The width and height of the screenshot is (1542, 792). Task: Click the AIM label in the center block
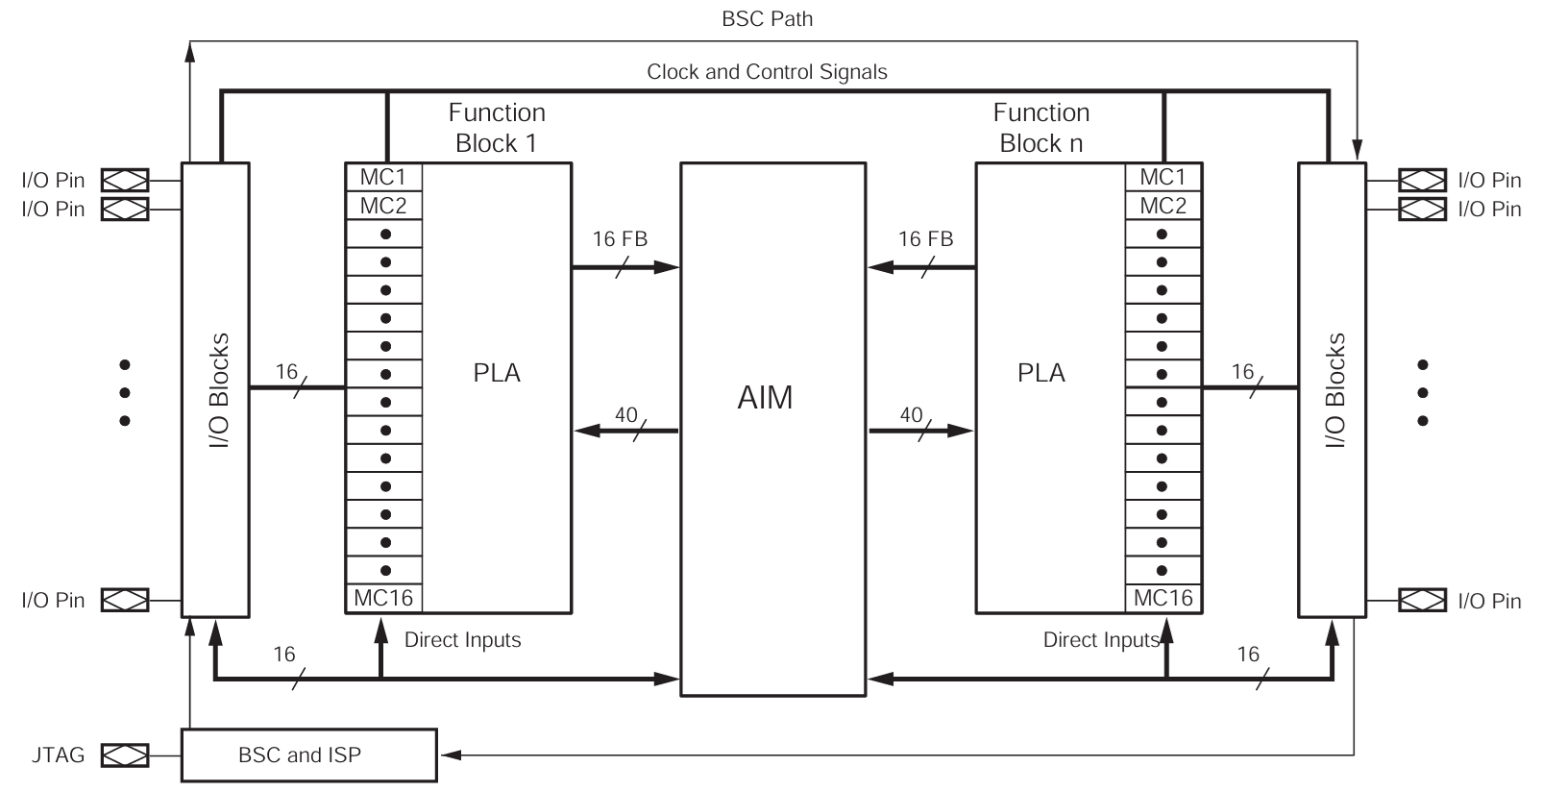[765, 397]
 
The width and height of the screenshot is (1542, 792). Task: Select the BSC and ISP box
[308, 755]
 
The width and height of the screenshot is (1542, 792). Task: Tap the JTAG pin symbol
[125, 755]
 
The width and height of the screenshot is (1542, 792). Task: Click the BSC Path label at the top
[767, 19]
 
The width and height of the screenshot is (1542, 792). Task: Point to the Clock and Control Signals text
[767, 72]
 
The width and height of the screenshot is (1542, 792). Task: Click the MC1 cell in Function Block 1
[383, 177]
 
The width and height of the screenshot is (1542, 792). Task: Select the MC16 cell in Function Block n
[1163, 598]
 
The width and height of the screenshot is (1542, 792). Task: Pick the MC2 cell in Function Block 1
[383, 206]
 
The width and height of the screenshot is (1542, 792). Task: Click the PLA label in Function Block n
[1040, 373]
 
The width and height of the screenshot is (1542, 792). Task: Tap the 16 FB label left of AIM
[620, 239]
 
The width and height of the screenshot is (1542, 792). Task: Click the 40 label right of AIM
[911, 415]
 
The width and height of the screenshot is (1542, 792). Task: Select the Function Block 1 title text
[497, 128]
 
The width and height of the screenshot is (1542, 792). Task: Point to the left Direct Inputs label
[462, 640]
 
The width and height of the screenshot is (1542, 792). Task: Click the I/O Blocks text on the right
[1334, 389]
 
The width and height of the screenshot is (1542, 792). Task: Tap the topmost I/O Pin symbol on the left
[125, 180]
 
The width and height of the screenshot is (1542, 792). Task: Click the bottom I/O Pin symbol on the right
[1422, 601]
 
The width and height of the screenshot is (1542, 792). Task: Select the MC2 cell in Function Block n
[1163, 206]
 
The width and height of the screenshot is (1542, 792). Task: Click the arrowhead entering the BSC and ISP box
[449, 755]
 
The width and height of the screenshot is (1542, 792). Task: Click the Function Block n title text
[1040, 128]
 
